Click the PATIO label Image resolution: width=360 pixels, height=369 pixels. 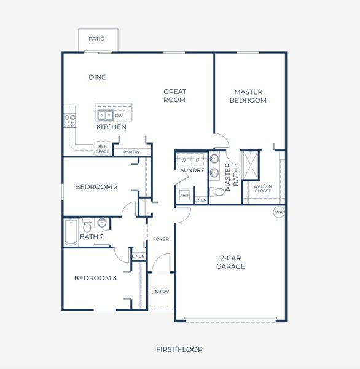(96, 39)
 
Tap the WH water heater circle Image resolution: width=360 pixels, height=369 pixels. (279, 212)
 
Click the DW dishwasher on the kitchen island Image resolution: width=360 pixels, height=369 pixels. (119, 115)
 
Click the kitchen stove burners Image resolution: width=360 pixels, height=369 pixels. (69, 120)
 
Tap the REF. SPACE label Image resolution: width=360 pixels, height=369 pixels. (102, 149)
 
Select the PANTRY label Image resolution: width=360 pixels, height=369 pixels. (131, 152)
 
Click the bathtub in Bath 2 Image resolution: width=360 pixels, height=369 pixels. (71, 232)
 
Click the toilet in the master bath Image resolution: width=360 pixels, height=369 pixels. (217, 192)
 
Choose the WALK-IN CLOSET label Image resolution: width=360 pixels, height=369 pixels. (262, 189)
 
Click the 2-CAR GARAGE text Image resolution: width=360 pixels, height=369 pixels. (230, 262)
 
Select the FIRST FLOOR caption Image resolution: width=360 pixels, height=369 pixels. (179, 349)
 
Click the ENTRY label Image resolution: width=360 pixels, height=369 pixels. (160, 292)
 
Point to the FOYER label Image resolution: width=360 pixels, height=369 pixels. (160, 239)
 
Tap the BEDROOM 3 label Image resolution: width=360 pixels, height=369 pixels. (95, 278)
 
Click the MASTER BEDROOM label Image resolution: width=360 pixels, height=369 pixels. (249, 97)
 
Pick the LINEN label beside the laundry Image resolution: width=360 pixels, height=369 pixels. (201, 200)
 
